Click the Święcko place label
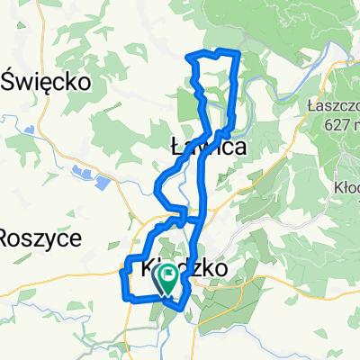pyautogui.click(x=49, y=82)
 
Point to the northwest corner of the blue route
pyautogui.click(x=189, y=58)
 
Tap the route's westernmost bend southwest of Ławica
pyautogui.click(x=157, y=190)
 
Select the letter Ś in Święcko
pyautogui.click(x=12, y=81)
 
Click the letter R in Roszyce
pyautogui.click(x=7, y=238)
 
